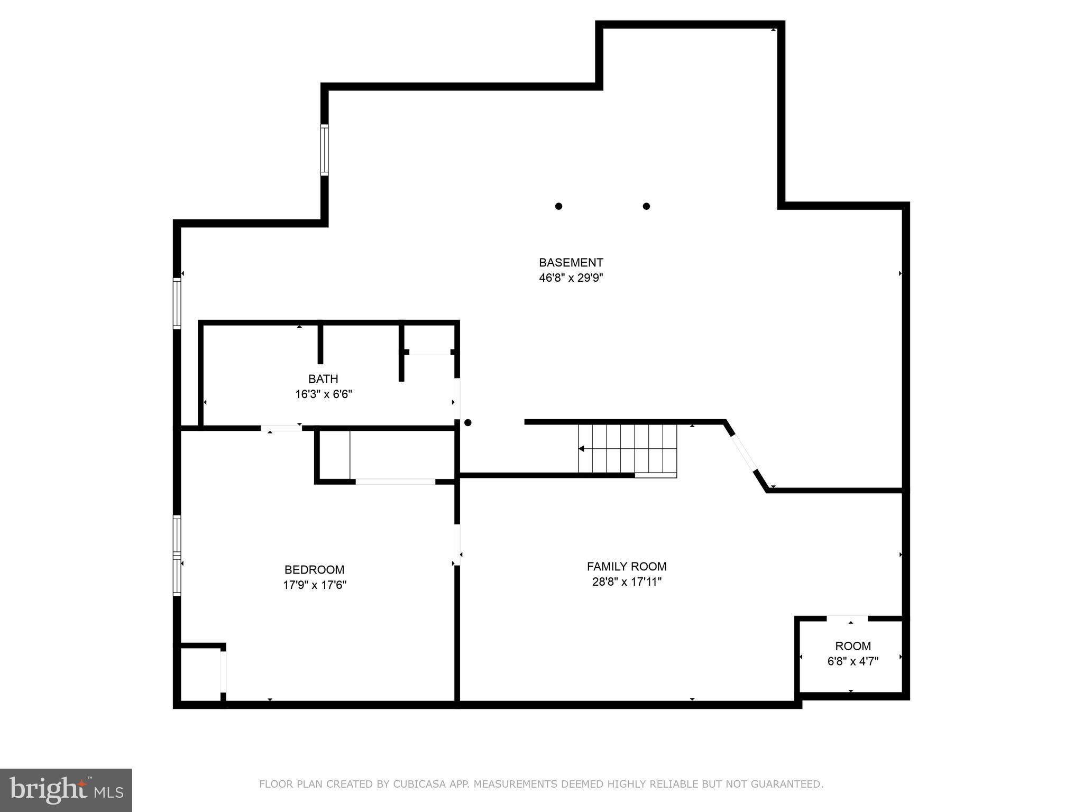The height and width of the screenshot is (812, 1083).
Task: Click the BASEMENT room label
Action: point(571,263)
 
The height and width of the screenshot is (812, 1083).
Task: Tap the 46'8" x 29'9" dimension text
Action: point(571,278)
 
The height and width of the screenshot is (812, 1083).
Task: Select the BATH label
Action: point(323,379)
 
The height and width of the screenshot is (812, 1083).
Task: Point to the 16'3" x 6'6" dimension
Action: point(323,394)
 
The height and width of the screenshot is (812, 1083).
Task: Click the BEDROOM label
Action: point(314,570)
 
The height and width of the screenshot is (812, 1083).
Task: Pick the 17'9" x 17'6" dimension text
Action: point(314,585)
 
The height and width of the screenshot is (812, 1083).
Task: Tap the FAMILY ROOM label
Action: point(627,567)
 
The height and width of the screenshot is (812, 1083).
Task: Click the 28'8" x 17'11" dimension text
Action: point(627,582)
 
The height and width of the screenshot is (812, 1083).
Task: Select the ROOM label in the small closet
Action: point(852,646)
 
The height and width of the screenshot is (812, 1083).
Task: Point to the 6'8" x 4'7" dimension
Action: point(852,661)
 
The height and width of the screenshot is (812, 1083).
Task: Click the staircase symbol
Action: point(627,449)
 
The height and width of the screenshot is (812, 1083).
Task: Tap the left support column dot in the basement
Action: point(558,206)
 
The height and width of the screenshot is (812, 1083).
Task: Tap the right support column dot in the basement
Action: point(646,206)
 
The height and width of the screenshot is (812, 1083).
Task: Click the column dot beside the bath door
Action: point(467,423)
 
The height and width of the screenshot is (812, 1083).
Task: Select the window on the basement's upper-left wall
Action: point(324,150)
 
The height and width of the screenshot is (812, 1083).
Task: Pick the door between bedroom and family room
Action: point(457,545)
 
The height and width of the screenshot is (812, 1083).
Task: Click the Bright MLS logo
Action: point(66,790)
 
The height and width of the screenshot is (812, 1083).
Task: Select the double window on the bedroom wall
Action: point(177,555)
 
